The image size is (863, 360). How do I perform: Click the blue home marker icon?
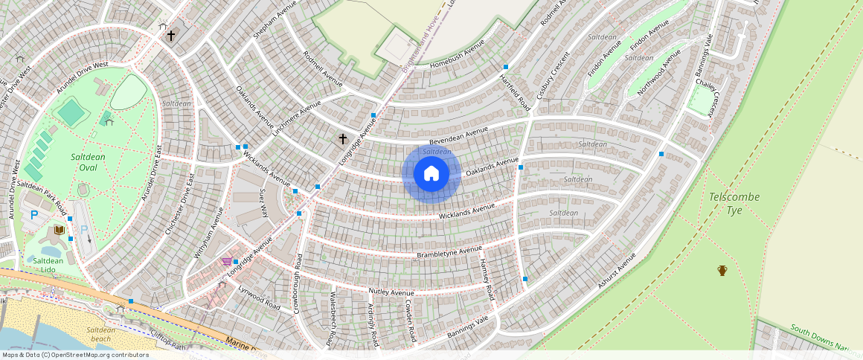click(431, 174)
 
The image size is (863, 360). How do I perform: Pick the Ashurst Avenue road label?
click(617, 270)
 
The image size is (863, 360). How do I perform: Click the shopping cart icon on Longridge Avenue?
click(226, 261)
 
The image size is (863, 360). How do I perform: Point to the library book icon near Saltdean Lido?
click(59, 230)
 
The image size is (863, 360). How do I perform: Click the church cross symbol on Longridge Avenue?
click(343, 138)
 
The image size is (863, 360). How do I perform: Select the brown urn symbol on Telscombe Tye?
click(722, 270)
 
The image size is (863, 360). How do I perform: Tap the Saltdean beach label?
click(100, 334)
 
